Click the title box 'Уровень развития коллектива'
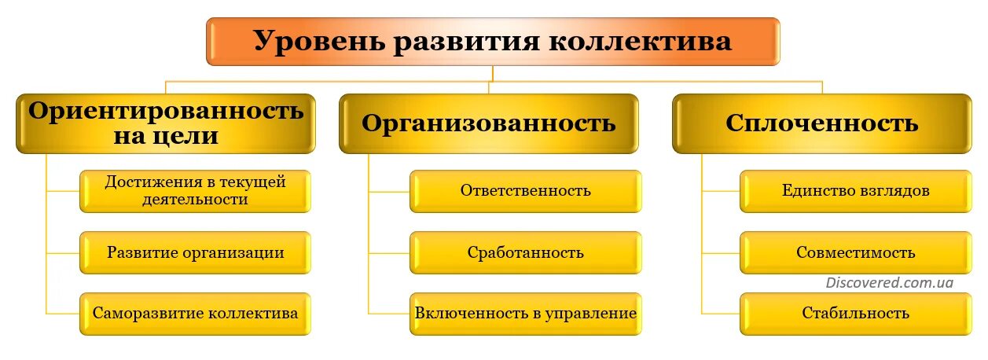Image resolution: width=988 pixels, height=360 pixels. coord(493,42)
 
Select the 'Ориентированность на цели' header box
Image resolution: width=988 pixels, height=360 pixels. coord(166,123)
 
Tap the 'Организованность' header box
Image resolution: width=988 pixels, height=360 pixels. coord(488,123)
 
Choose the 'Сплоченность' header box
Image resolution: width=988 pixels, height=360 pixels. coord(821,123)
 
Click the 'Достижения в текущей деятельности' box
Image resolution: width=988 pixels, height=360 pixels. coord(195,191)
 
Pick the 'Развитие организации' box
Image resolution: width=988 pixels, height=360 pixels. coord(195,252)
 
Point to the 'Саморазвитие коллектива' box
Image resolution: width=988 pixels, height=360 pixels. coord(195,313)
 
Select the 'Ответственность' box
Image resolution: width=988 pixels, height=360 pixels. coord(525,191)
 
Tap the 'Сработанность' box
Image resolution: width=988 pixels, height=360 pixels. coord(525,252)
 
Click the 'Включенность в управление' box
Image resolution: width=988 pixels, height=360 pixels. coord(525,313)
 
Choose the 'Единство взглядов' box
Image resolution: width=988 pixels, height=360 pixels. coord(855,191)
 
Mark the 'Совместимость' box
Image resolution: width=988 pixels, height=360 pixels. coord(855,252)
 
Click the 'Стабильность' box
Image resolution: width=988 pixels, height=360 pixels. coord(855,313)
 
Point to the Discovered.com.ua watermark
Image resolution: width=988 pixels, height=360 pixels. coord(889,282)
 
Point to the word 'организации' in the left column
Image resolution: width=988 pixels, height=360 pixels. coord(233,252)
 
